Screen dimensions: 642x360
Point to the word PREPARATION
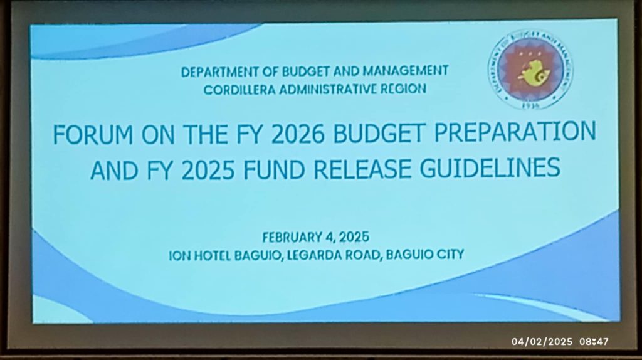(x=515, y=132)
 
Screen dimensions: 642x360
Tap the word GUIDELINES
(x=490, y=167)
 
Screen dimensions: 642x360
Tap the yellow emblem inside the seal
(x=530, y=73)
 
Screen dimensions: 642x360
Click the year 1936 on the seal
(x=531, y=105)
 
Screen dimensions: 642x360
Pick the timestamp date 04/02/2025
(x=542, y=342)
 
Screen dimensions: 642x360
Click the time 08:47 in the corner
(x=594, y=342)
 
